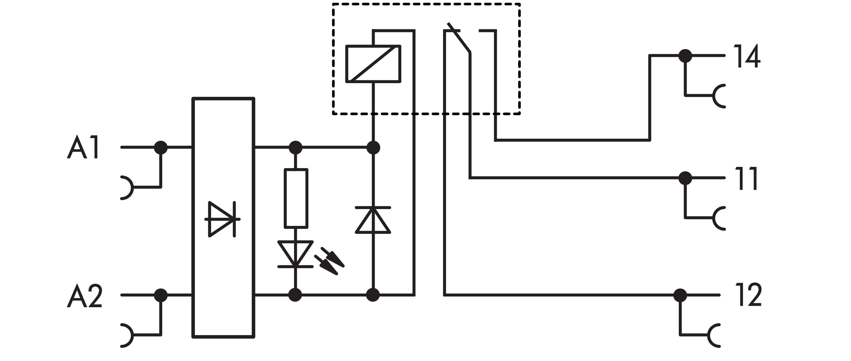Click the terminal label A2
coord(85,296)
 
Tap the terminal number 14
coord(747,56)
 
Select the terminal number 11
coord(746,179)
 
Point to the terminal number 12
coord(748,295)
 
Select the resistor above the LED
coord(296,198)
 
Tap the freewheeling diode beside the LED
coord(373,220)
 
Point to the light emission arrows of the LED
coord(329,261)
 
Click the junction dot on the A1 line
coord(161,147)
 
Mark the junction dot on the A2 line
coord(161,295)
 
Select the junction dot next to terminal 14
coord(685,56)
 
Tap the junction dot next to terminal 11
coord(685,178)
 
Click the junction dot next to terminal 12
coord(680,295)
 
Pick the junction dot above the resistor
coord(296,147)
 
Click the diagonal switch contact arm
coord(459,38)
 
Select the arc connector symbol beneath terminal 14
coord(718,96)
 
